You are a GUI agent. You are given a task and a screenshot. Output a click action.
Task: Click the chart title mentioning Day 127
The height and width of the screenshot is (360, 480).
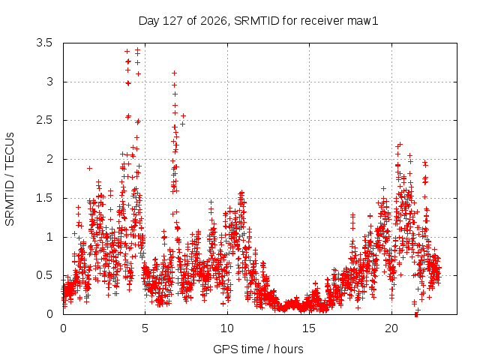pyautogui.click(x=258, y=21)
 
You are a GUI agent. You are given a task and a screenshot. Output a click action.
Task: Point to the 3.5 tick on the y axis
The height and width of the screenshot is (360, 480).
pyautogui.click(x=44, y=43)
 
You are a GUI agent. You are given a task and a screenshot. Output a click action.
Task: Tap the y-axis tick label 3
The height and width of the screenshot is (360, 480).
pyautogui.click(x=50, y=82)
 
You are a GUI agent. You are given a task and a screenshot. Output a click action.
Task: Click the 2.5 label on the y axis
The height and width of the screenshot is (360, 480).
pyautogui.click(x=44, y=120)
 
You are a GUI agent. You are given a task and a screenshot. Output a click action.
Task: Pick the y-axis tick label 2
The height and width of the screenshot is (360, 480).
pyautogui.click(x=50, y=159)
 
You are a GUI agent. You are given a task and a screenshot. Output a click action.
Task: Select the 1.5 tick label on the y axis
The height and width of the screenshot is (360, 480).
pyautogui.click(x=44, y=198)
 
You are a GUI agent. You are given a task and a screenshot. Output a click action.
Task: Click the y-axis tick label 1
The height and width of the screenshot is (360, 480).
pyautogui.click(x=50, y=237)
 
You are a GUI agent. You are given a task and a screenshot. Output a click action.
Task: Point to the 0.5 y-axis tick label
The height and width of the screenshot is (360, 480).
pyautogui.click(x=44, y=275)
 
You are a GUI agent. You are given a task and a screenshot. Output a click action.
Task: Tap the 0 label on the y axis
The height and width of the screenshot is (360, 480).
pyautogui.click(x=50, y=314)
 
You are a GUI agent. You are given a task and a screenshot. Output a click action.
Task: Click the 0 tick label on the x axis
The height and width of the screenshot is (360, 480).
pyautogui.click(x=63, y=328)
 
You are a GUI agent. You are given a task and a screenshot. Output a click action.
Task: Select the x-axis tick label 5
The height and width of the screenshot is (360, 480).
pyautogui.click(x=145, y=328)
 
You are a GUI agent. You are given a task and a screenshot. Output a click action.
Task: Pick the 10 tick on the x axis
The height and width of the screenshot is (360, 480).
pyautogui.click(x=227, y=328)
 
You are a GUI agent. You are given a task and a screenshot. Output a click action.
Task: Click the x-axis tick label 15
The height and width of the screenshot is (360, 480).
pyautogui.click(x=309, y=328)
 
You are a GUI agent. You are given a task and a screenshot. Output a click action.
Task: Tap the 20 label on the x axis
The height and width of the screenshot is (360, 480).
pyautogui.click(x=391, y=328)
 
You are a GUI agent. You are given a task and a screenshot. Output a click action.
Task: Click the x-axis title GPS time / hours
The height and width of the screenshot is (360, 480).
pyautogui.click(x=258, y=349)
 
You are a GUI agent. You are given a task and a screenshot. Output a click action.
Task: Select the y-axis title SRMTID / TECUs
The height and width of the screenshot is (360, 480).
pyautogui.click(x=10, y=179)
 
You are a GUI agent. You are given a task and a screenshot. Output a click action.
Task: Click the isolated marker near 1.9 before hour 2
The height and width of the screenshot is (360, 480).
pyautogui.click(x=89, y=168)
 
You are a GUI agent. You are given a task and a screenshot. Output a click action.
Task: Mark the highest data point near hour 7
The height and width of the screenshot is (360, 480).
pyautogui.click(x=175, y=73)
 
